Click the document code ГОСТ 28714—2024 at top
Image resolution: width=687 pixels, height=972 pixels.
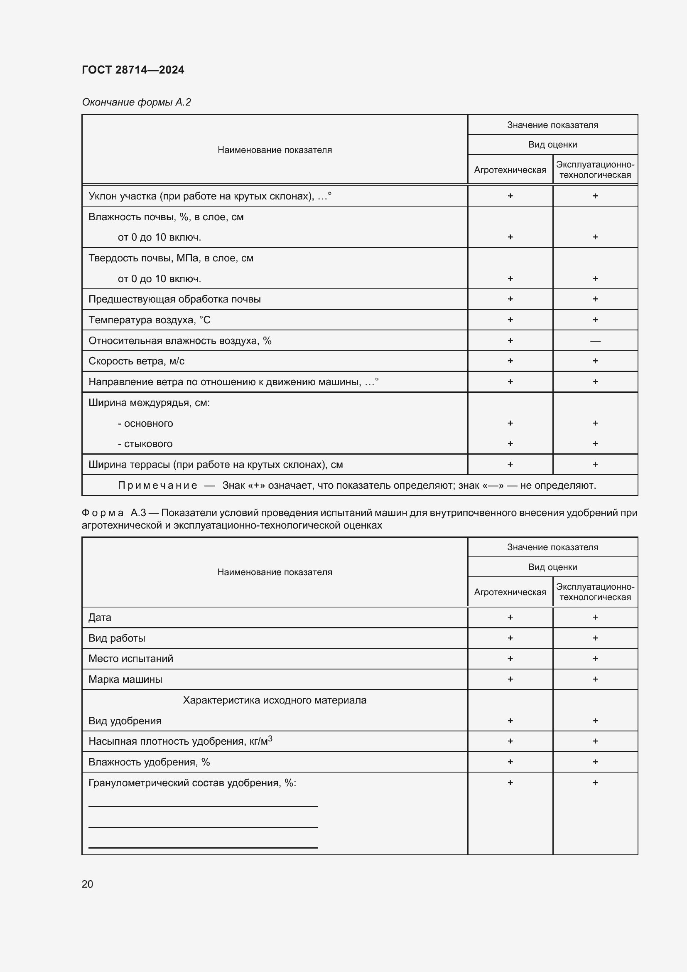[133, 70]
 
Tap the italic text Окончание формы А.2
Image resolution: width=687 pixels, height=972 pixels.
[136, 102]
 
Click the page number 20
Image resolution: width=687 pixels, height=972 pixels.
[87, 884]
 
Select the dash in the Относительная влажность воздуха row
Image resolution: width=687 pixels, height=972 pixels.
[595, 341]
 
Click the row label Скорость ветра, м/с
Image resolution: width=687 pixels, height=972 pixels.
[136, 361]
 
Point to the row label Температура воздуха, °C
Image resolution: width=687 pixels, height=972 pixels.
[150, 320]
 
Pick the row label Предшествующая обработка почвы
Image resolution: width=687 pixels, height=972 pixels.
[174, 299]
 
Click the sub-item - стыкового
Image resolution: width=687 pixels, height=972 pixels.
[145, 444]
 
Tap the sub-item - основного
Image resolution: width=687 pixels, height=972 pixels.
[145, 423]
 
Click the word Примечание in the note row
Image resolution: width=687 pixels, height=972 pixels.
[157, 485]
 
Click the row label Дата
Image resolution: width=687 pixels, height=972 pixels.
[100, 617]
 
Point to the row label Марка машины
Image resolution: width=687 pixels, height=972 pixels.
[125, 679]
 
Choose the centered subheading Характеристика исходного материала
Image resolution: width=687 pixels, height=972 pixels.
[275, 700]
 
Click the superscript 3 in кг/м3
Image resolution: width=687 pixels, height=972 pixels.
[270, 739]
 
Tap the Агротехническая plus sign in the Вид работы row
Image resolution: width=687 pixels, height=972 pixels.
[510, 638]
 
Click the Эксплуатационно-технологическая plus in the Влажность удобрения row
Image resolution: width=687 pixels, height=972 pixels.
[595, 762]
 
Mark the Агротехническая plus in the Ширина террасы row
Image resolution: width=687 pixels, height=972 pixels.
[510, 465]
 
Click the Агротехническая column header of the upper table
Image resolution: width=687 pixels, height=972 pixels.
[510, 170]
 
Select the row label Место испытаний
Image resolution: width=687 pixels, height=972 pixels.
[131, 659]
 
